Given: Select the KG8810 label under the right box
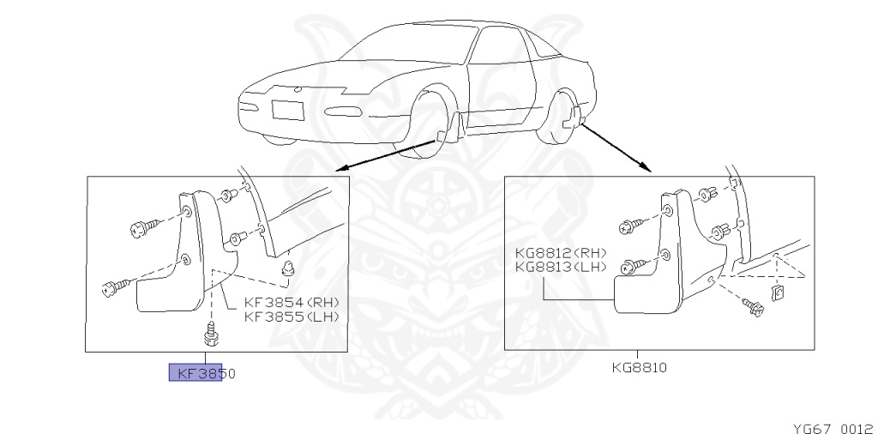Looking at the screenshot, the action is [x=639, y=367].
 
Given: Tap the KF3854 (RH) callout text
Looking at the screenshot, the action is [x=292, y=302].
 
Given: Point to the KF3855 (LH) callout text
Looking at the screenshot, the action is [x=292, y=316].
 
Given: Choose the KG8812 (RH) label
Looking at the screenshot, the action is [x=561, y=253].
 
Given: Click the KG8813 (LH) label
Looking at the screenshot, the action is [x=561, y=267].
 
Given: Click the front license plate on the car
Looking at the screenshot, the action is [x=287, y=110].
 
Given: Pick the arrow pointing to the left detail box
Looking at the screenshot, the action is [x=386, y=153].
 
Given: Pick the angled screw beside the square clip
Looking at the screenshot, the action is [x=753, y=307].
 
